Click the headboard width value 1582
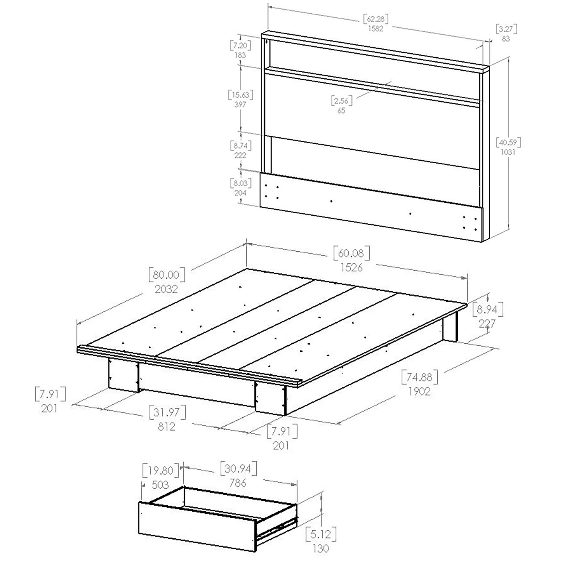[x=376, y=29]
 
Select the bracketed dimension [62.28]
[x=376, y=19]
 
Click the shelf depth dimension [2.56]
[x=342, y=101]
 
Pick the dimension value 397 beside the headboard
[x=240, y=105]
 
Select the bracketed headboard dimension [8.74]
[x=240, y=145]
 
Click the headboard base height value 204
[x=240, y=193]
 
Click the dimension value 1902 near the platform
[x=419, y=391]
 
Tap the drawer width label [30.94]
[x=238, y=469]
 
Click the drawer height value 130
[x=321, y=549]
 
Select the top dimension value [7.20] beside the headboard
[x=240, y=46]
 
